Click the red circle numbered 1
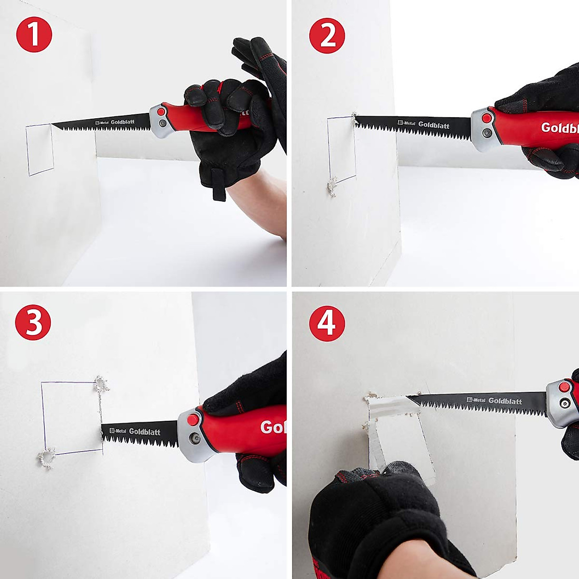[x=34, y=34]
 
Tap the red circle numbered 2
[x=327, y=35]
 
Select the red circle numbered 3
[x=33, y=322]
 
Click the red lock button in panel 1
[x=161, y=112]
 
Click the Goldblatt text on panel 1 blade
[x=123, y=122]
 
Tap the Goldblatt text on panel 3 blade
[x=144, y=431]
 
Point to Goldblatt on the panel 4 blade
[x=505, y=400]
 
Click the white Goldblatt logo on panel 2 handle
[x=559, y=128]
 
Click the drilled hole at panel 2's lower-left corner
[x=331, y=187]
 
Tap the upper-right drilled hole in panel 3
[x=101, y=385]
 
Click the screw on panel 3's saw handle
[x=195, y=439]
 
